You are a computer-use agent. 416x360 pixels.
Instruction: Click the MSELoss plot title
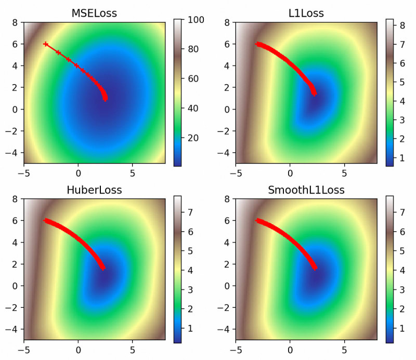tap(94, 14)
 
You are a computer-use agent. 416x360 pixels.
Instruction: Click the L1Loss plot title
tap(306, 14)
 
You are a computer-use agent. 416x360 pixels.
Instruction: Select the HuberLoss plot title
tap(94, 190)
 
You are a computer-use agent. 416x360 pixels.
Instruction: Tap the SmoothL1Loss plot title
tap(306, 190)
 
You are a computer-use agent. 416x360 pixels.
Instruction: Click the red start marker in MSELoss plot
tap(46, 44)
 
